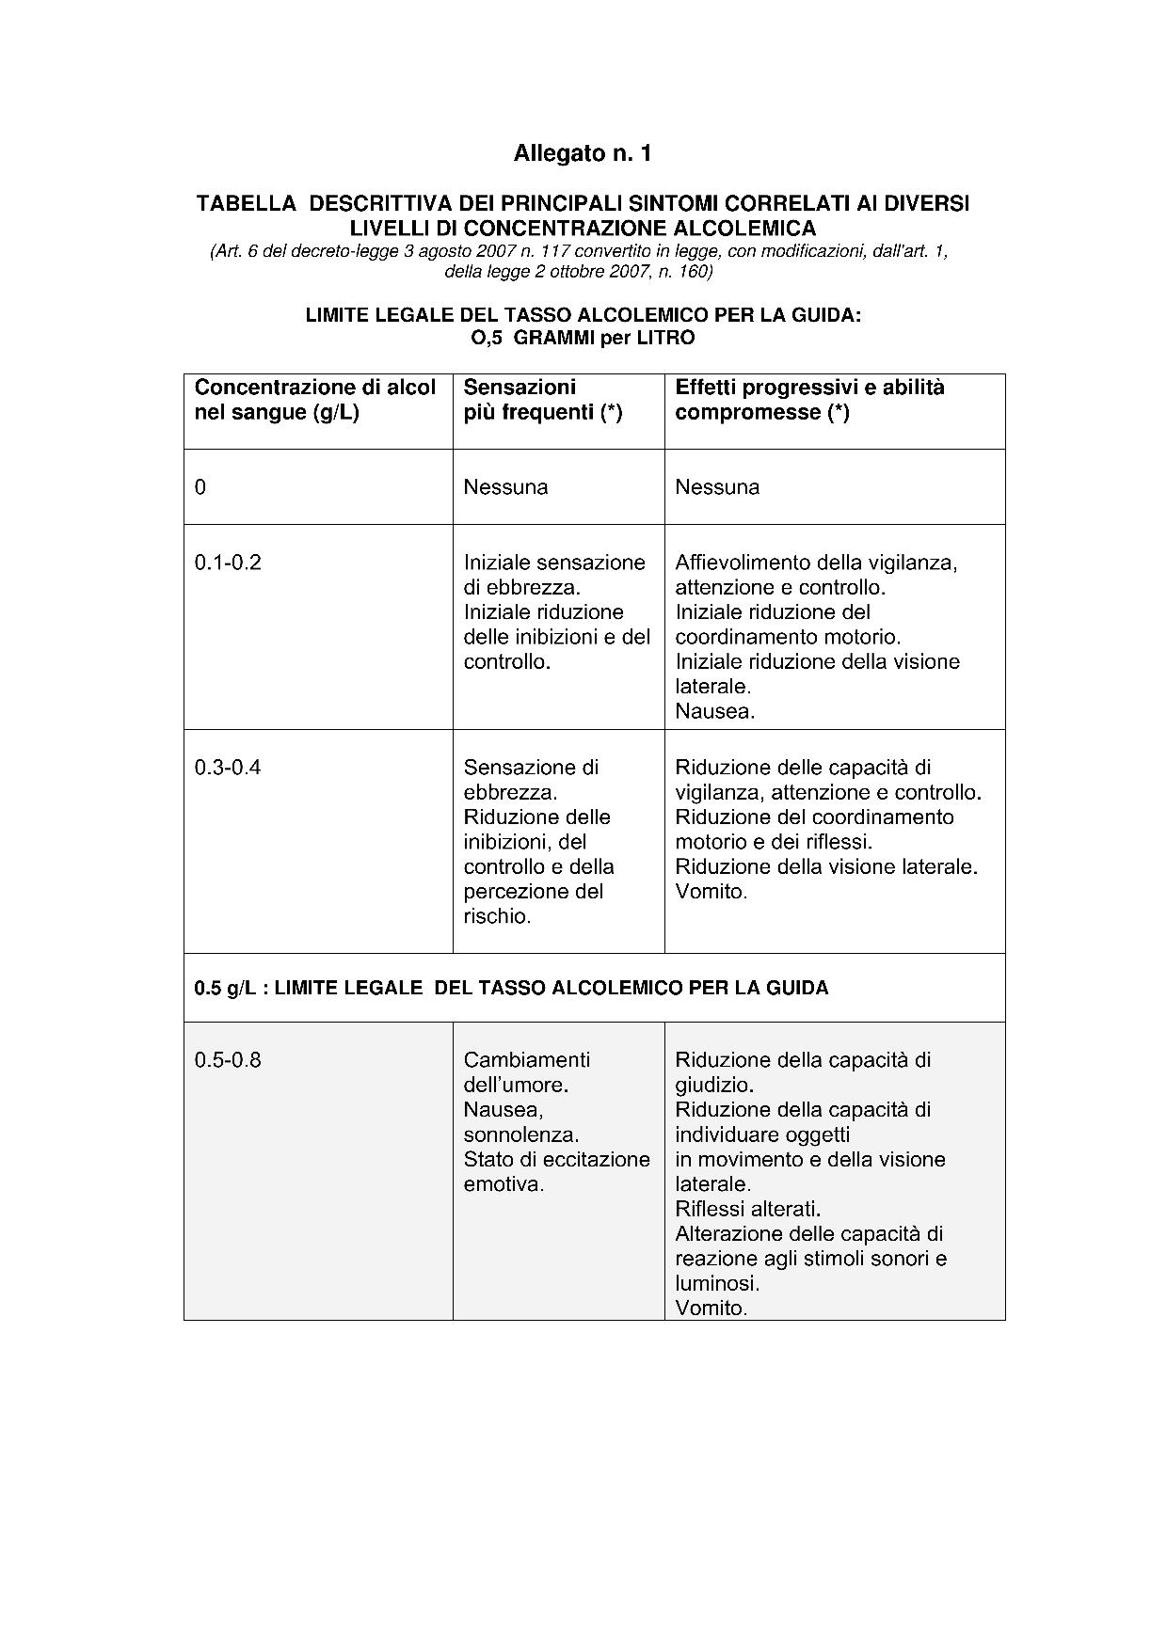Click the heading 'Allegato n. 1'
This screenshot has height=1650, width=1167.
click(583, 153)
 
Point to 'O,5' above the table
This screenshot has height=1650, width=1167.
click(487, 338)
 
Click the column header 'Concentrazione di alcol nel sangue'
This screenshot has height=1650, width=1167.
click(314, 400)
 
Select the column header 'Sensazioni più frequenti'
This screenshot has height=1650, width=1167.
click(542, 400)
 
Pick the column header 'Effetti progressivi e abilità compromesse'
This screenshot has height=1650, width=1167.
click(809, 400)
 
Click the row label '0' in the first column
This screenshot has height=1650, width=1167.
click(200, 487)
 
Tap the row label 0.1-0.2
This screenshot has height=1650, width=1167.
click(228, 563)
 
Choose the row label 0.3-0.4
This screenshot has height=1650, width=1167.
click(228, 768)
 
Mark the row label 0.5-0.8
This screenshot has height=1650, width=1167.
click(228, 1060)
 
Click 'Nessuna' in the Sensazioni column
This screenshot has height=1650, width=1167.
click(505, 487)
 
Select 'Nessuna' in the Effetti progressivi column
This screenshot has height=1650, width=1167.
click(717, 487)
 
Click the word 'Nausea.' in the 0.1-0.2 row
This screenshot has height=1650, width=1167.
click(715, 711)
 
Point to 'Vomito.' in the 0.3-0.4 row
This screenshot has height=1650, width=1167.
click(711, 892)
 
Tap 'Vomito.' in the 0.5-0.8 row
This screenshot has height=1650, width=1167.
click(711, 1308)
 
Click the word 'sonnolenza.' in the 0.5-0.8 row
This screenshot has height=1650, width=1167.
click(521, 1134)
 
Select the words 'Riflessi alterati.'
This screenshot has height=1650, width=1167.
click(748, 1209)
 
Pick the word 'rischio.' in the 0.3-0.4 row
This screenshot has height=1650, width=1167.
click(498, 916)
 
